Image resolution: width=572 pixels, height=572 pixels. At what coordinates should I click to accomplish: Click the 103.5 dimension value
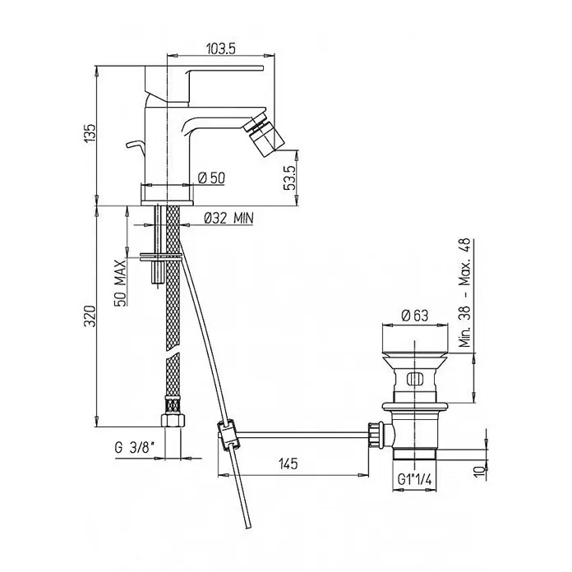coord(221,48)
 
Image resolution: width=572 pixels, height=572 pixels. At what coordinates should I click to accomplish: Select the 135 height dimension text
coord(90,133)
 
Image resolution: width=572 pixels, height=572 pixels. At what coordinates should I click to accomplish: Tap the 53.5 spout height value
coord(289,178)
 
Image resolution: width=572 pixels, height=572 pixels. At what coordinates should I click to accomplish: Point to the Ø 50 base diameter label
coord(211,178)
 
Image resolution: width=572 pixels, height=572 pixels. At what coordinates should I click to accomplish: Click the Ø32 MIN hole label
coord(228,218)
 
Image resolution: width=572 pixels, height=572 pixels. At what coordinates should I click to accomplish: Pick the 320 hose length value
coord(90,316)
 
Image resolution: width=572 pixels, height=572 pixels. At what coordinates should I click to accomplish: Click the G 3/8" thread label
coord(135,447)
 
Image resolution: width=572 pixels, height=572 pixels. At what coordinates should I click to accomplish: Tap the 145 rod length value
coord(288,464)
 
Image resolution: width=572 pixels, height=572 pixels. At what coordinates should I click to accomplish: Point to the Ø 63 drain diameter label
coord(415,316)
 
